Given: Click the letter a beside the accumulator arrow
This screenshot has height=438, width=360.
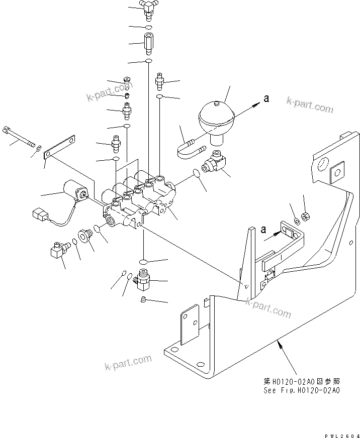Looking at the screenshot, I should point(266,99).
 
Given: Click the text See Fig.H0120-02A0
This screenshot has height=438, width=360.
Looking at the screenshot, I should point(302,390).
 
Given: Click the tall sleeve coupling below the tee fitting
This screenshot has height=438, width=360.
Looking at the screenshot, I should point(149,44).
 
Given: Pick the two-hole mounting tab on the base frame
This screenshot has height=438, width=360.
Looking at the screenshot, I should point(190,325).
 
